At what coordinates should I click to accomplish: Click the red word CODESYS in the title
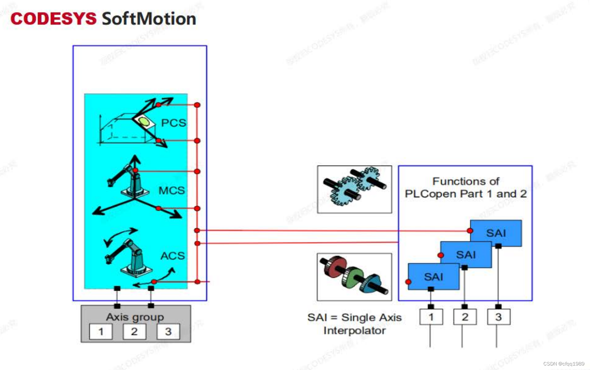tap(53, 19)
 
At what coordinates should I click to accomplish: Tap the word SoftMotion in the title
tap(149, 19)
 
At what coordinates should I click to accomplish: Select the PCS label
tap(173, 123)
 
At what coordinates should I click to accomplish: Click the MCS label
tap(171, 190)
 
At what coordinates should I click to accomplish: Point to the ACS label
tap(172, 255)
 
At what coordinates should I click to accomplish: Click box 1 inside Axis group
tap(101, 332)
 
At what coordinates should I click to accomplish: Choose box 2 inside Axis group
tap(134, 332)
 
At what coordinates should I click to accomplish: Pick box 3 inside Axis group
tap(168, 332)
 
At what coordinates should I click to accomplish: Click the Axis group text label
tap(135, 317)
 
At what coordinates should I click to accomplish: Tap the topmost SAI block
tap(496, 233)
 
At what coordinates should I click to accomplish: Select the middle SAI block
tap(466, 254)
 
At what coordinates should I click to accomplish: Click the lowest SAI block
tap(434, 276)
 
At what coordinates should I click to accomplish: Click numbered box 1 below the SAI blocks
tap(431, 317)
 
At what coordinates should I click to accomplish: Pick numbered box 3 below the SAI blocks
tap(498, 317)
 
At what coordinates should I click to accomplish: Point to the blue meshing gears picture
tap(354, 189)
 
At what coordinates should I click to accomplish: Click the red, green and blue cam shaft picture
tap(354, 277)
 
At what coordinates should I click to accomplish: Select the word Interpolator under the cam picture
tap(354, 330)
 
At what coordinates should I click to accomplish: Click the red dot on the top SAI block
tap(470, 231)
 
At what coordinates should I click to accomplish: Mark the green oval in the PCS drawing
tap(144, 121)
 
